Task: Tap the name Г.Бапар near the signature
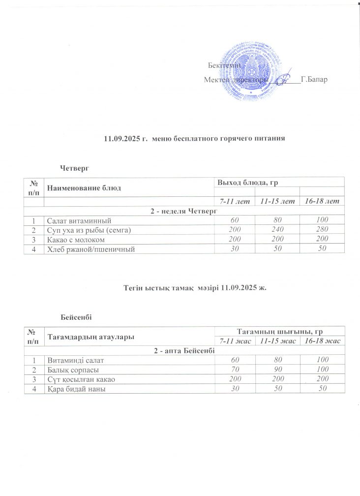(313, 80)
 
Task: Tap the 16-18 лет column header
(322, 202)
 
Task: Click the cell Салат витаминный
(79, 220)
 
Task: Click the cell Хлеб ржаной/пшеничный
(90, 249)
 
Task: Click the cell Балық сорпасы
(73, 370)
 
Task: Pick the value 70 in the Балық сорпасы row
(239, 370)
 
